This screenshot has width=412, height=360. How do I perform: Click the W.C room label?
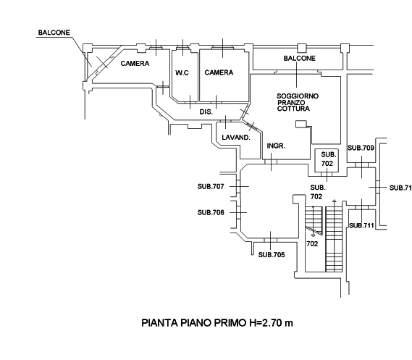click(x=182, y=72)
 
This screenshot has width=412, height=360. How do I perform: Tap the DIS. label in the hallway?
click(x=206, y=112)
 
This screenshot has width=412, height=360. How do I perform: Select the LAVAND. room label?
click(x=236, y=138)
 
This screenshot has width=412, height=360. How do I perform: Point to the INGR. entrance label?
click(x=276, y=146)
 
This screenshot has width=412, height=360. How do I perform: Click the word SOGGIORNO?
click(x=298, y=96)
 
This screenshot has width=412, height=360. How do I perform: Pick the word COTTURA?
click(x=293, y=109)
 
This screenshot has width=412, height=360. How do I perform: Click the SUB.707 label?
click(x=211, y=187)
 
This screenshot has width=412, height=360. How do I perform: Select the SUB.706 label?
click(x=211, y=212)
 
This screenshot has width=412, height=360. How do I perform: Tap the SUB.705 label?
click(x=272, y=255)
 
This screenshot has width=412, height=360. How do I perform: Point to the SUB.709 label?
click(x=361, y=148)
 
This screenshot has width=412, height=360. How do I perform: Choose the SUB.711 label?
click(x=361, y=225)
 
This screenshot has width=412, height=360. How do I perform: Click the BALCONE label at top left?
click(x=54, y=33)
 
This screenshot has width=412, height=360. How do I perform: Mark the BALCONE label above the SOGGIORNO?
click(x=299, y=59)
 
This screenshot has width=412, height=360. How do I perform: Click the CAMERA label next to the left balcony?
click(x=135, y=64)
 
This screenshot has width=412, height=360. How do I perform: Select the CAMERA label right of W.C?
click(x=219, y=72)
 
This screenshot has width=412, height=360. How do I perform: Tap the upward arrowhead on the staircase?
click(x=335, y=201)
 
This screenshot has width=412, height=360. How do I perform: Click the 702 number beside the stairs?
click(x=312, y=244)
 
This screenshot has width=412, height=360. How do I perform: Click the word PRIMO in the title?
click(x=230, y=322)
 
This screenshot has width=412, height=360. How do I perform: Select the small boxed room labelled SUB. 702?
click(x=327, y=161)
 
